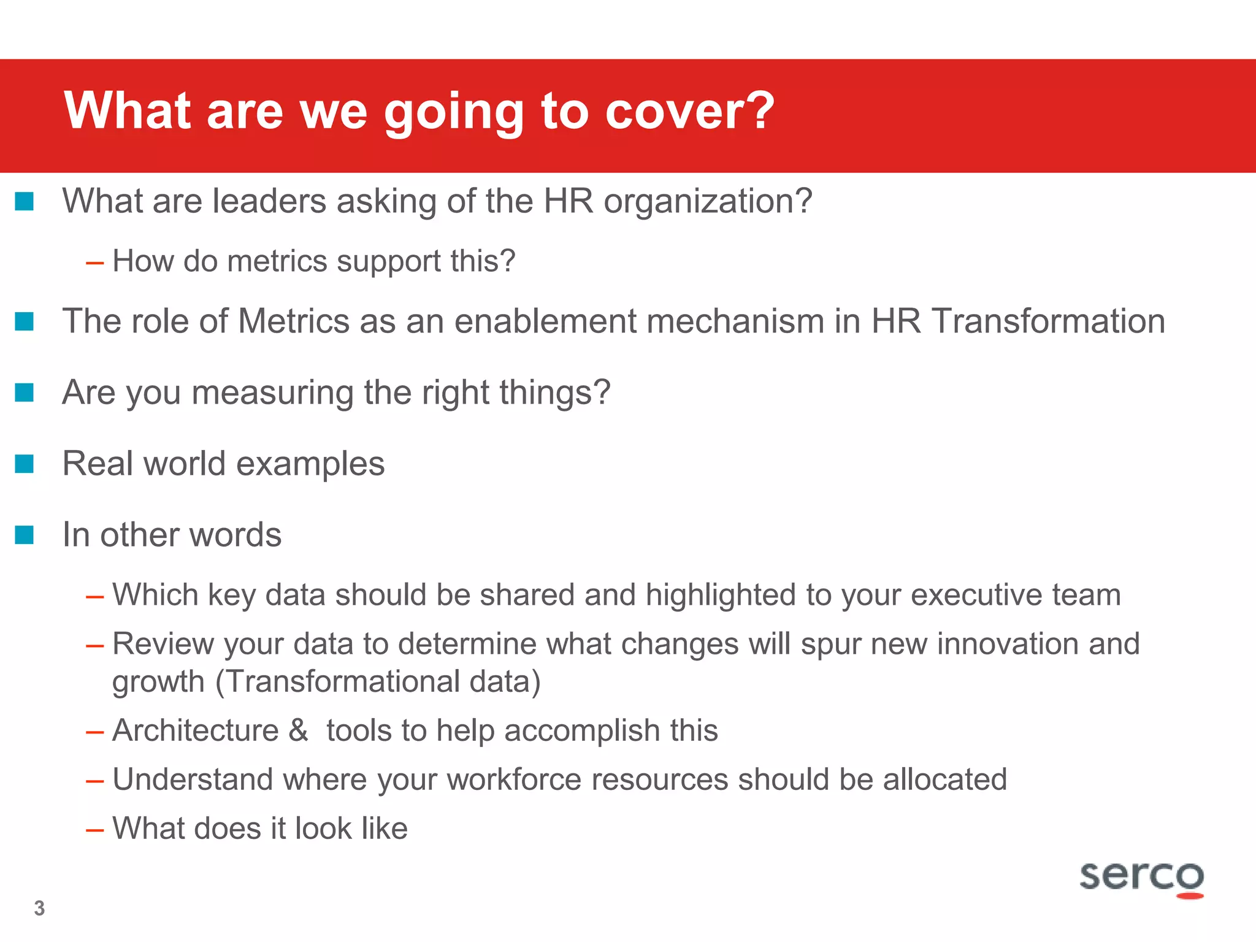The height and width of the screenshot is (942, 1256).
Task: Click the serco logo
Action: click(1141, 878)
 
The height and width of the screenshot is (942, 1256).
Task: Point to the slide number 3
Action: click(40, 908)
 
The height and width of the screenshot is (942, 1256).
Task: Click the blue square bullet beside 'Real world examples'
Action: click(25, 464)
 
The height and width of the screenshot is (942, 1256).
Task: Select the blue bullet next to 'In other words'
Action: click(25, 535)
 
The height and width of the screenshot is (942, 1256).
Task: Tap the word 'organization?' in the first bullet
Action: click(708, 202)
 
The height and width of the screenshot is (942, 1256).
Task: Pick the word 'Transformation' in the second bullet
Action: click(1048, 321)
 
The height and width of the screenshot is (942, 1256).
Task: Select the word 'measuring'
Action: click(273, 393)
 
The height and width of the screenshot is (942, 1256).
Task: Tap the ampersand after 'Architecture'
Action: click(299, 730)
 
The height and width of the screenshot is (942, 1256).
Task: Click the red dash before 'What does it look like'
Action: click(95, 830)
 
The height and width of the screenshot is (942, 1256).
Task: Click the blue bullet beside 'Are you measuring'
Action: click(25, 392)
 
